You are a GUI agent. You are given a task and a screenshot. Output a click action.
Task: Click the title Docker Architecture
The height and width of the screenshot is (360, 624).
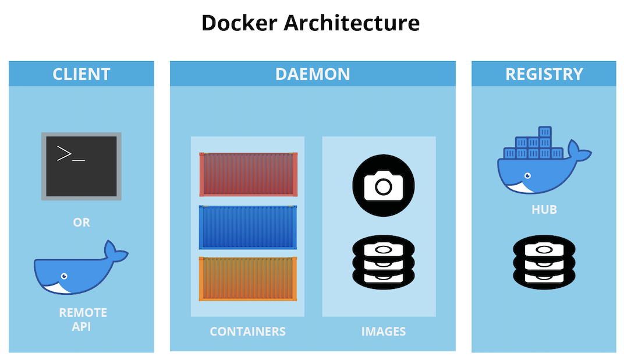(x=310, y=23)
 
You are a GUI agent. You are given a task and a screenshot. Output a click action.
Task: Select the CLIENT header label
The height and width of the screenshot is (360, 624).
(x=81, y=74)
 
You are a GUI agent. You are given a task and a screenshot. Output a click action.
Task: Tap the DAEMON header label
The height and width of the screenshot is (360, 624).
(x=313, y=74)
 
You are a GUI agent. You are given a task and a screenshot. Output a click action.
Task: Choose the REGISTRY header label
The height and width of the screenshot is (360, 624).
(x=544, y=74)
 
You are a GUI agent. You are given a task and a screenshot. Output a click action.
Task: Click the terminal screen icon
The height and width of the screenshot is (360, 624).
(x=81, y=166)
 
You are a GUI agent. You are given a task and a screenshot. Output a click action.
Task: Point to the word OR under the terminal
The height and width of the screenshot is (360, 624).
(x=81, y=223)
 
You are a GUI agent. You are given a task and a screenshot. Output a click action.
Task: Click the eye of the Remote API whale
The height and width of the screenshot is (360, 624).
(x=63, y=276)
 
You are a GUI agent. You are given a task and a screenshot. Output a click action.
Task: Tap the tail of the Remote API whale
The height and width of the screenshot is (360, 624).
(x=116, y=252)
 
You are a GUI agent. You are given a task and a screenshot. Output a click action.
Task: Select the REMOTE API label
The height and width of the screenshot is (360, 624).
(x=83, y=319)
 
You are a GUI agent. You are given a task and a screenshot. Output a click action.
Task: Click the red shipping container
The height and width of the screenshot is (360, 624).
(x=249, y=174)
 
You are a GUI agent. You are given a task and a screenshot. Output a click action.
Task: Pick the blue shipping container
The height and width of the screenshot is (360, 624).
(x=249, y=227)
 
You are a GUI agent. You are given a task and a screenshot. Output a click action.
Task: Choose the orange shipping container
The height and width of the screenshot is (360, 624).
(x=249, y=278)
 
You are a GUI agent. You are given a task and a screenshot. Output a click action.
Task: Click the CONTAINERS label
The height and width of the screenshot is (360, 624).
(x=247, y=331)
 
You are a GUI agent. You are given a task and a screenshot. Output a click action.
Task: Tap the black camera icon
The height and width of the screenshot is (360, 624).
(x=383, y=185)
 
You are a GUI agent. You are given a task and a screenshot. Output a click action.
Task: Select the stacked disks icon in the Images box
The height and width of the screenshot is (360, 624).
(x=383, y=262)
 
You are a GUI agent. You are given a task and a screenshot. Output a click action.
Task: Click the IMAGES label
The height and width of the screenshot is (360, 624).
(x=383, y=331)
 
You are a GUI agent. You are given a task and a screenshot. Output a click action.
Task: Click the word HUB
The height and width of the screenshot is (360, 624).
(x=544, y=209)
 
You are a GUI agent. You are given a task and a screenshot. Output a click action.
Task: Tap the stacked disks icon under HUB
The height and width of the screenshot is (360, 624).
(x=544, y=262)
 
